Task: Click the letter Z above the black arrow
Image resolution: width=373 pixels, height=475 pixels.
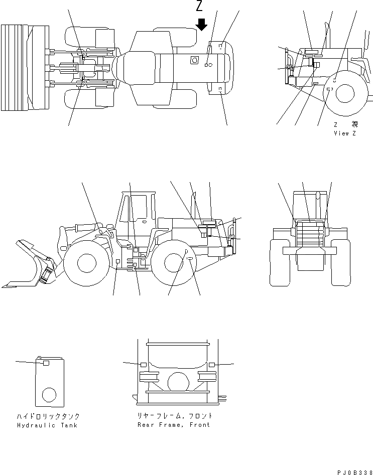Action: (x=200, y=7)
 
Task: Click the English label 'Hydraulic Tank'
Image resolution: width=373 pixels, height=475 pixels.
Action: (x=47, y=425)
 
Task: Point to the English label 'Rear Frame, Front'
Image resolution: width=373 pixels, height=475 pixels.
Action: (x=174, y=425)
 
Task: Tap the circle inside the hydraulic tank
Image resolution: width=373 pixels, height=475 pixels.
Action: (x=49, y=395)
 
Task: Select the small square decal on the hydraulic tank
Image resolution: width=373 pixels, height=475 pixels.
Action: (x=45, y=363)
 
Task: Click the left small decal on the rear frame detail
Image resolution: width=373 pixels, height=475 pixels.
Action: (x=144, y=364)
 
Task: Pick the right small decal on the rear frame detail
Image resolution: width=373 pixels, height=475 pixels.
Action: (x=212, y=364)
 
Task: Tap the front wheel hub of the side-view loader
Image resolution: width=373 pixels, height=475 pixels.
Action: (x=86, y=264)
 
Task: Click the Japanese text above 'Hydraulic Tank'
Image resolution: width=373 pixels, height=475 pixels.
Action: (x=47, y=416)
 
